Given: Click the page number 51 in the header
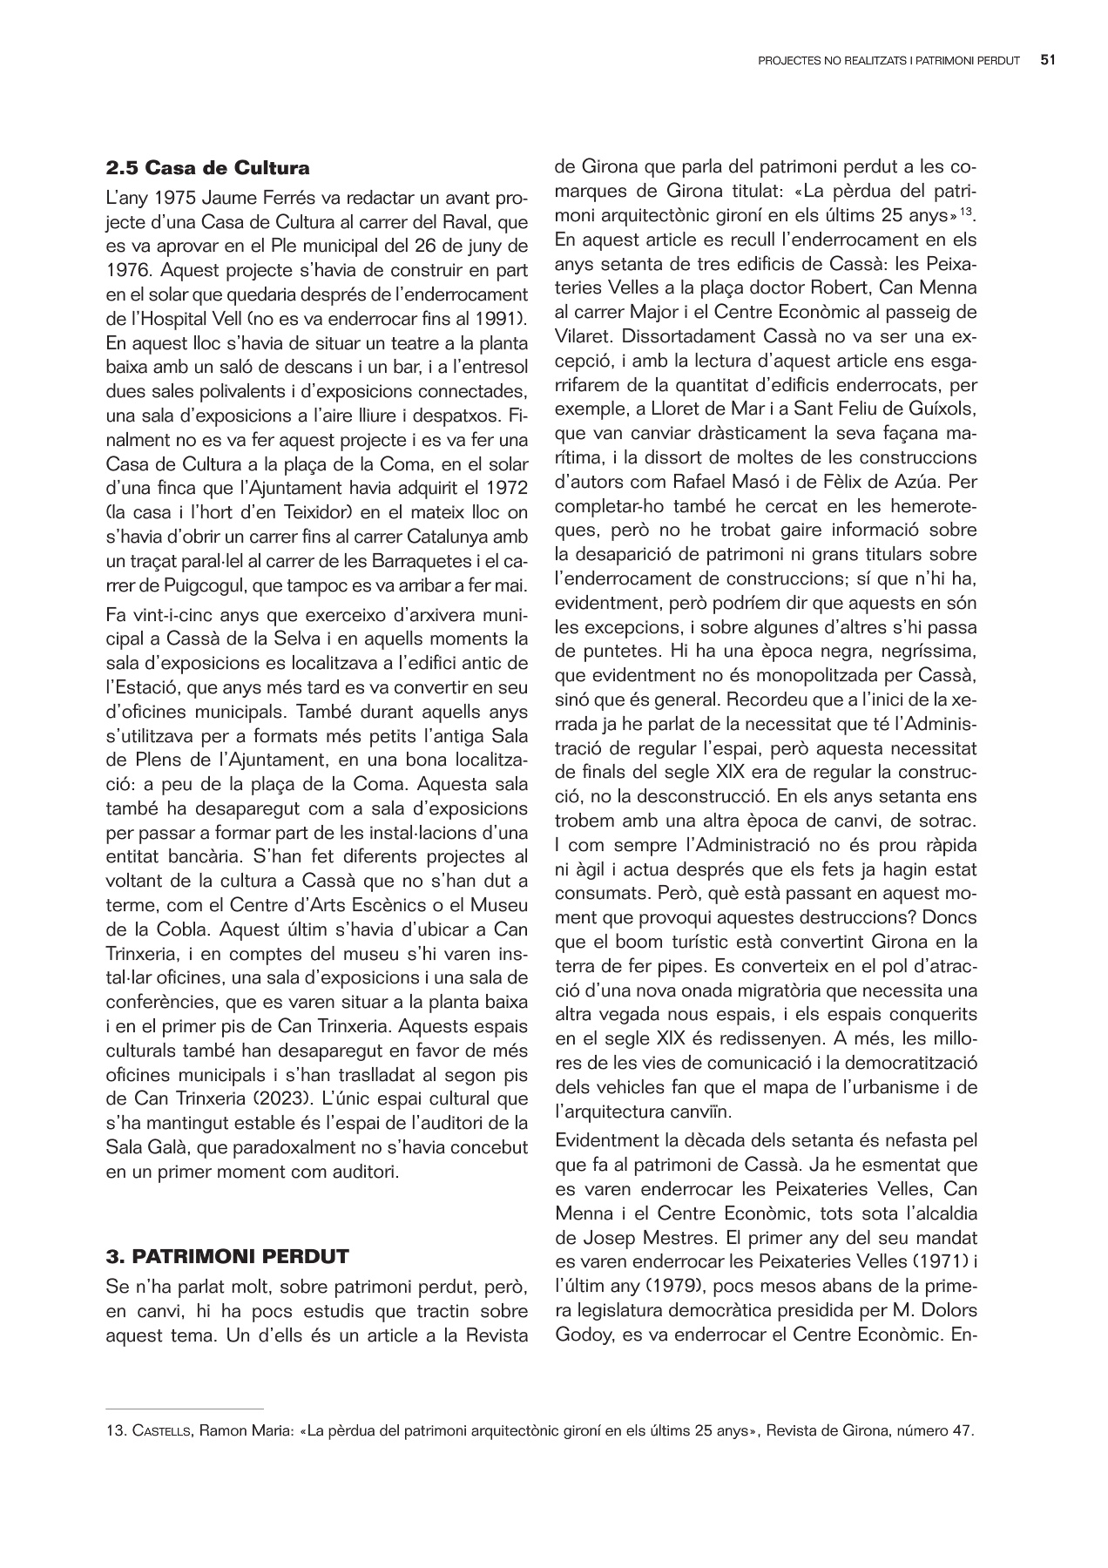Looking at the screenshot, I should coord(1048,61).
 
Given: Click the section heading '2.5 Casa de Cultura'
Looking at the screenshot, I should coord(207,167).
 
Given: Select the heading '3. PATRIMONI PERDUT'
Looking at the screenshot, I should coord(226,1256).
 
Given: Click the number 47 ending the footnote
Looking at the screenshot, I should coord(958,1430).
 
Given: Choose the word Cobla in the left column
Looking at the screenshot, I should coord(191,929).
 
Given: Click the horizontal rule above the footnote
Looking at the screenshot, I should coord(184,1408).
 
